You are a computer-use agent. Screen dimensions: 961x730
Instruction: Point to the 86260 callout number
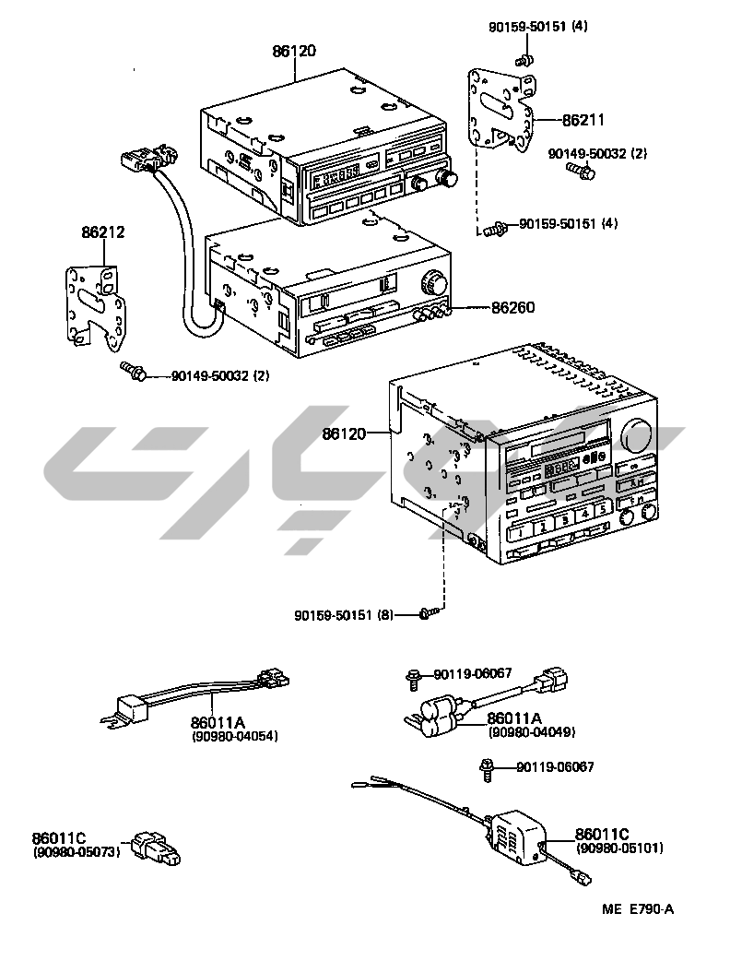(x=512, y=307)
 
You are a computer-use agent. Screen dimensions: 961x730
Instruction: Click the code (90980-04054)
(x=235, y=736)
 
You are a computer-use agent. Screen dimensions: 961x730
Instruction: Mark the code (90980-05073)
(x=77, y=852)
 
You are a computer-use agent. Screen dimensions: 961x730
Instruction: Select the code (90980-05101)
(x=619, y=848)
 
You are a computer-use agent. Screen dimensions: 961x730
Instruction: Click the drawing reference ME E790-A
(x=638, y=909)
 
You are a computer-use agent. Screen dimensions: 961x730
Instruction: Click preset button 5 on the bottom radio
(x=602, y=508)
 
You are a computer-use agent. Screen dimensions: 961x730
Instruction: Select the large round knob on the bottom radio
(x=637, y=434)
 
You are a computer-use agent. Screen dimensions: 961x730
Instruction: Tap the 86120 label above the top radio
(x=293, y=52)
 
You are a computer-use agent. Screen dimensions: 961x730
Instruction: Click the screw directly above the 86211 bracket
(x=524, y=61)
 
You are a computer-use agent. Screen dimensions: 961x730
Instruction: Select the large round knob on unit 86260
(x=432, y=282)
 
